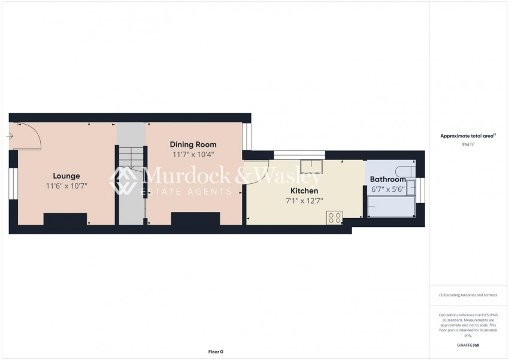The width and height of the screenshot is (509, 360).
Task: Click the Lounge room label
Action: [66, 176]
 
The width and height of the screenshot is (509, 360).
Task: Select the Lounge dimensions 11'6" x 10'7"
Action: [66, 186]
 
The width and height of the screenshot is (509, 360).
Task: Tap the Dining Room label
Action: [193, 144]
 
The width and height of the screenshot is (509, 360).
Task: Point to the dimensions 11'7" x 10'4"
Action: [193, 155]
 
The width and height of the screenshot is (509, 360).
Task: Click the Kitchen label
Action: [304, 190]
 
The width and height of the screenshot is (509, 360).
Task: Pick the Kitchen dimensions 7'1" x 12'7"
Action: [304, 201]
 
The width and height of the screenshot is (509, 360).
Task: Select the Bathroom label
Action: [388, 179]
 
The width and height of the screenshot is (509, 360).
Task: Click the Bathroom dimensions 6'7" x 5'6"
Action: [388, 189]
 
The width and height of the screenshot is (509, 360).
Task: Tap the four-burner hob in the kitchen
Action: [335, 217]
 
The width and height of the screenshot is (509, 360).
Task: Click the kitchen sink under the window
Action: [311, 166]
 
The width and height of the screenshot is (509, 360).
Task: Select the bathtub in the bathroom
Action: [391, 207]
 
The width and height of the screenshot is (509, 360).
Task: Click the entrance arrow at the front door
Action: [10, 137]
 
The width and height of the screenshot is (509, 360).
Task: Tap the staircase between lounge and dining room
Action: [131, 174]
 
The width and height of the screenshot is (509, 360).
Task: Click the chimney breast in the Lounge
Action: [65, 219]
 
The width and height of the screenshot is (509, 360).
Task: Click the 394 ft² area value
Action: [468, 145]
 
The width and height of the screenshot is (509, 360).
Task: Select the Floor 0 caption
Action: [216, 352]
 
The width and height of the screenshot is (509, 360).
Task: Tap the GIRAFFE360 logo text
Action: [468, 345]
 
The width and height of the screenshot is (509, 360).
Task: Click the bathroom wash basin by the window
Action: [411, 187]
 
